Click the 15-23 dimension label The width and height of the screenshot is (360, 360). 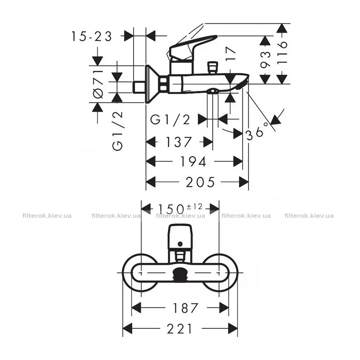click(x=91, y=36)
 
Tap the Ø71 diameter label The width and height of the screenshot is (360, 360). click(x=98, y=84)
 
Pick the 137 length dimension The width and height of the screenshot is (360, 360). click(x=179, y=142)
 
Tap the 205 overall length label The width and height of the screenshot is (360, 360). click(x=200, y=182)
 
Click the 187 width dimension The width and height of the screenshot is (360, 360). click(x=185, y=308)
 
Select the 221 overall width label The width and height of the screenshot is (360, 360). click(x=179, y=329)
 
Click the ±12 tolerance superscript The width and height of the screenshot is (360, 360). click(x=194, y=206)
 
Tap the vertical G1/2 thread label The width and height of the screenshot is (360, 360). click(x=118, y=131)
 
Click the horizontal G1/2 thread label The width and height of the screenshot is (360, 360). click(x=170, y=120)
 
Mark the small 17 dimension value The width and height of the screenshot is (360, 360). click(x=230, y=53)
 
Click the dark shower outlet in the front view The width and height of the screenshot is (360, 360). click(x=180, y=274)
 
